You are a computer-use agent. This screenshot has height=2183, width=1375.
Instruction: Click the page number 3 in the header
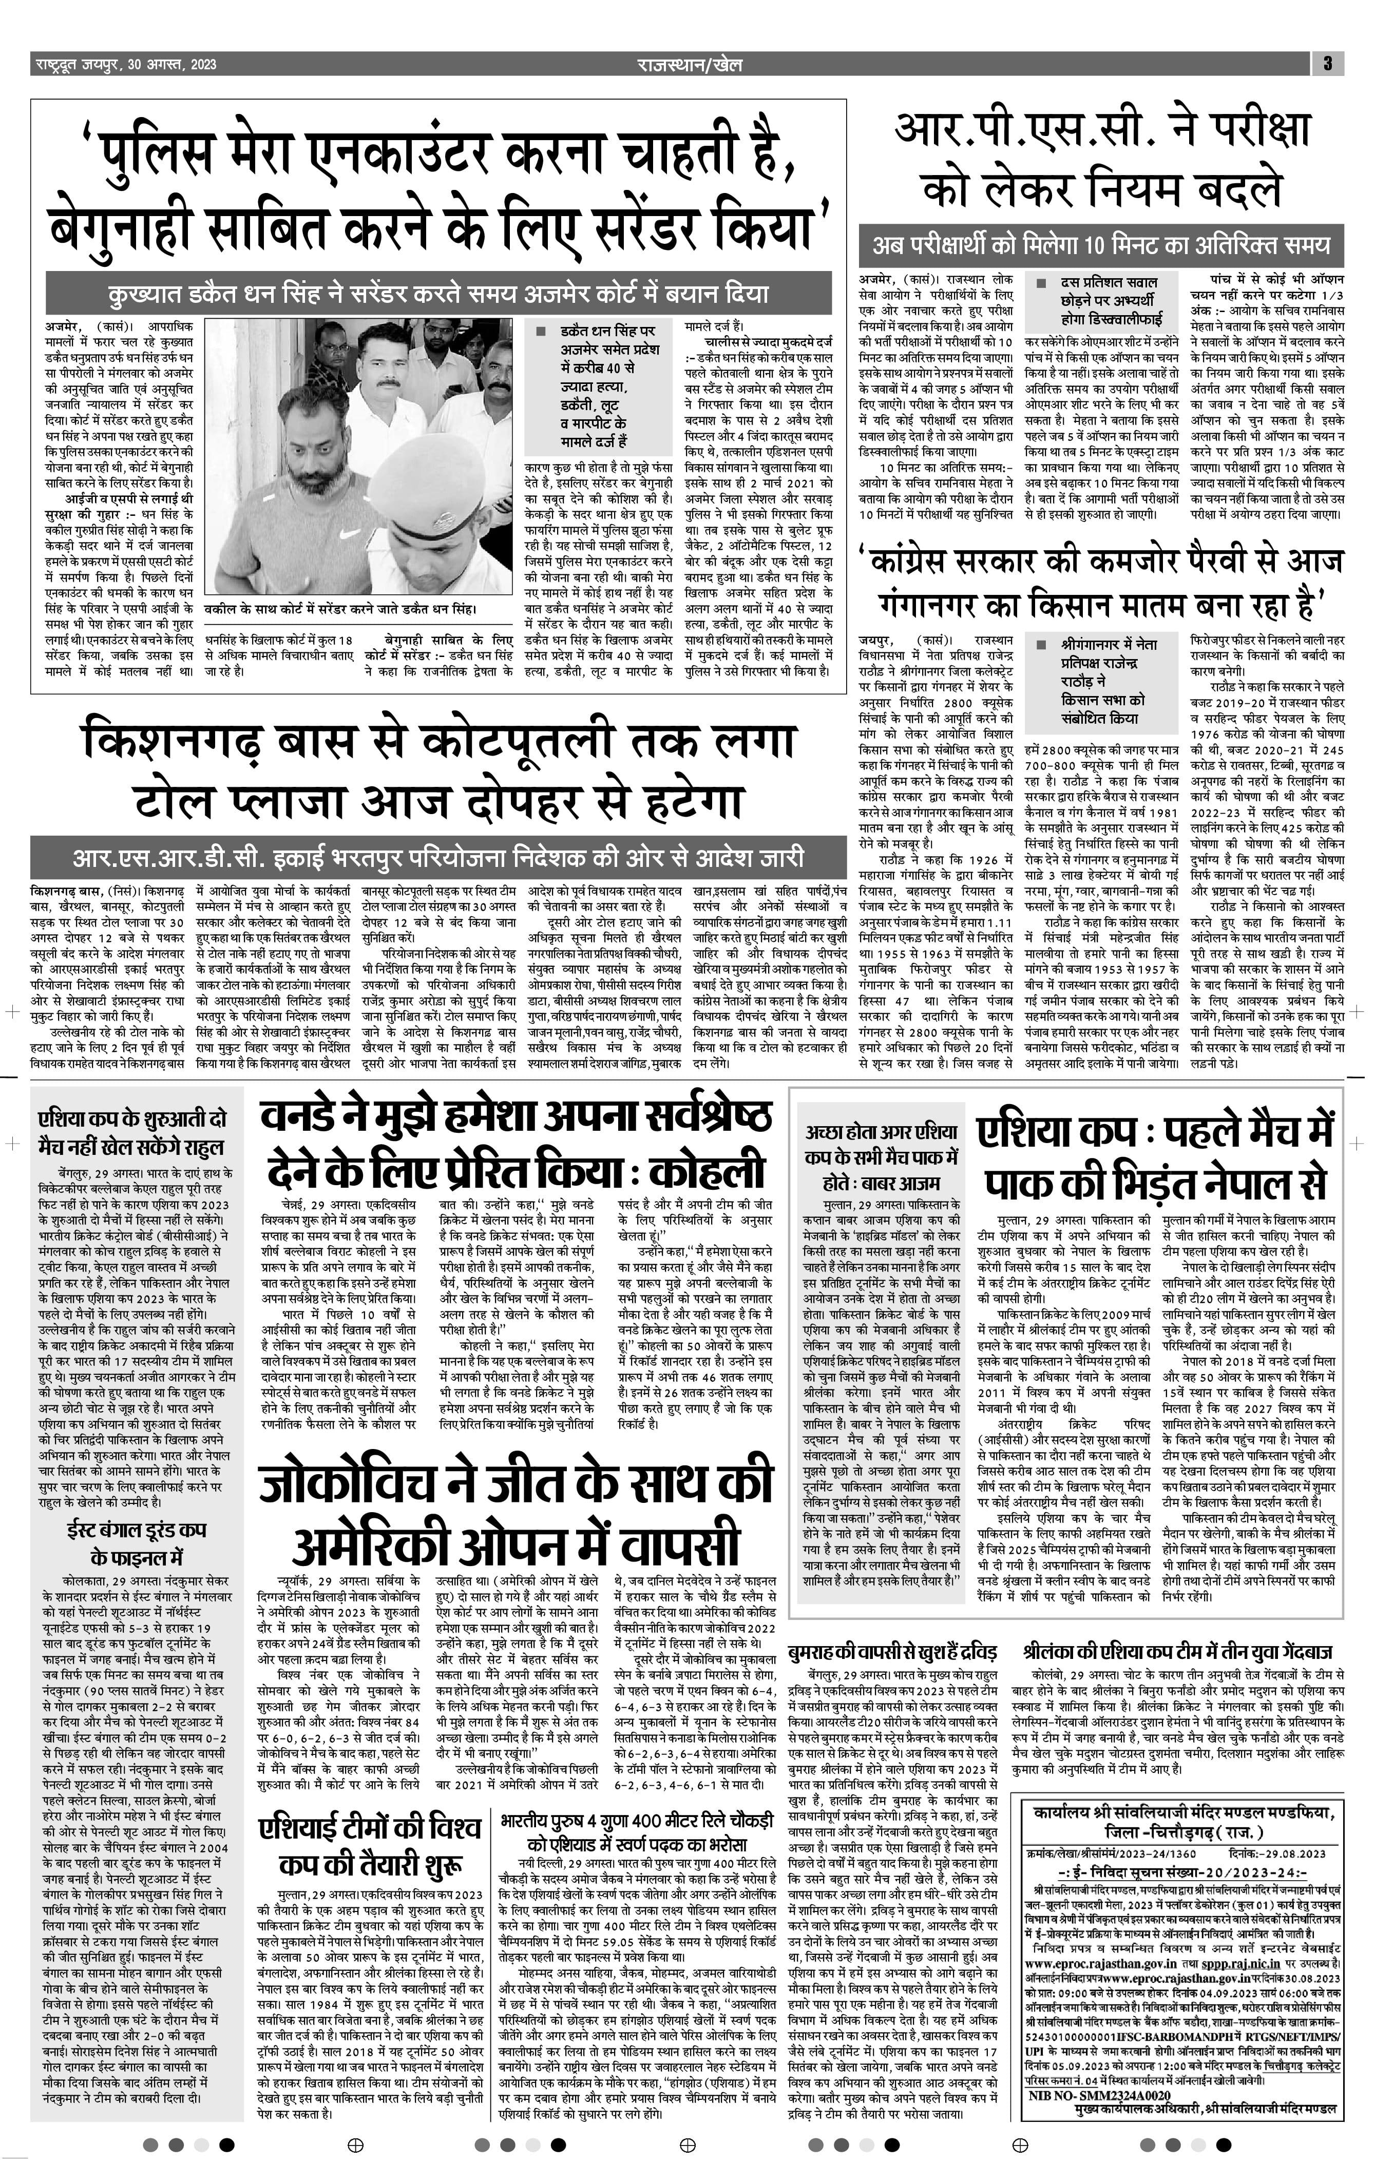[1328, 64]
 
